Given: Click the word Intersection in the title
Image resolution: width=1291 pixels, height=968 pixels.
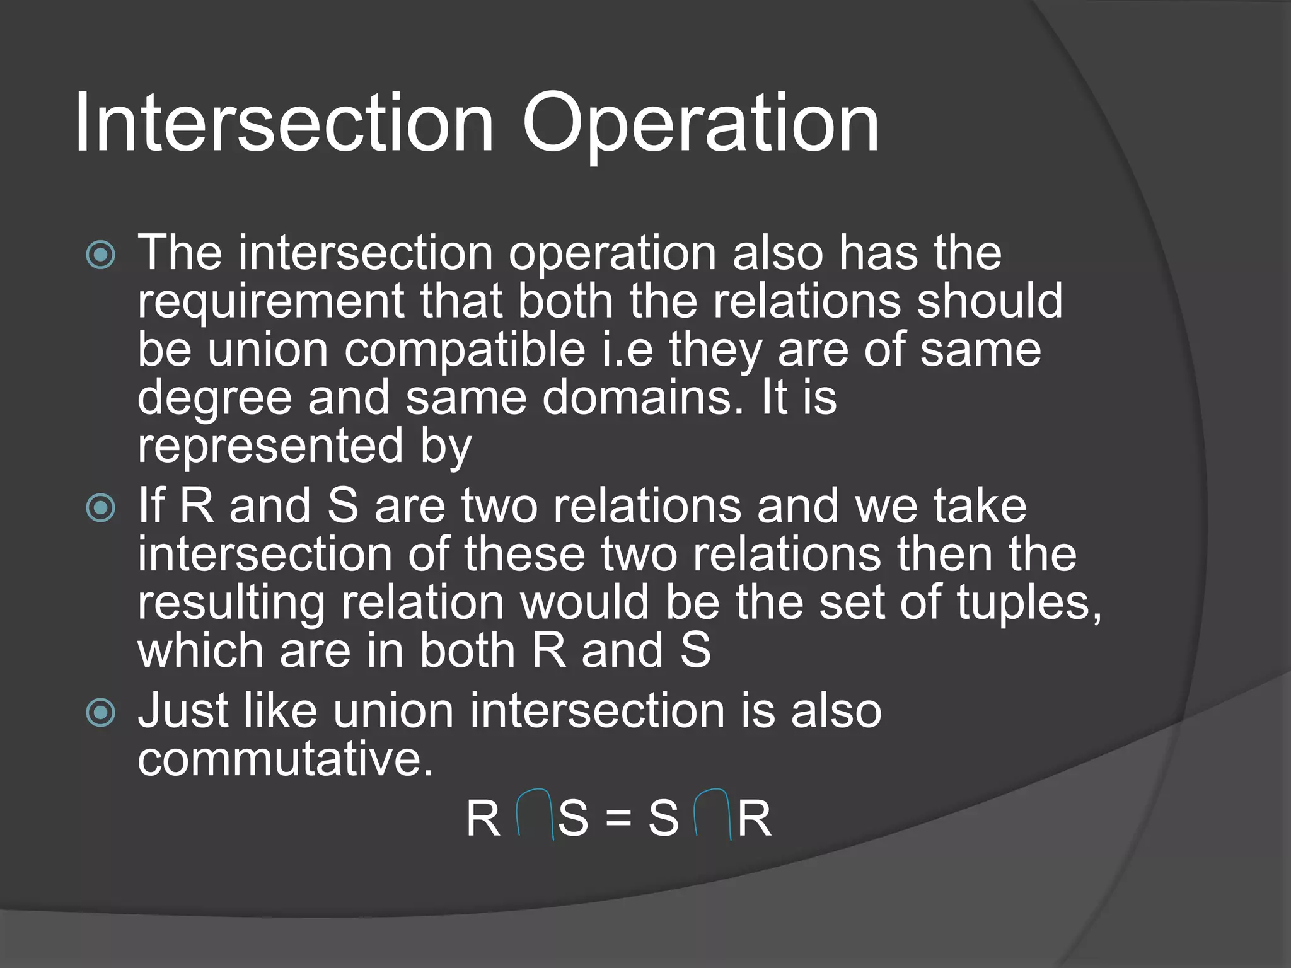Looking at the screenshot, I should [x=284, y=123].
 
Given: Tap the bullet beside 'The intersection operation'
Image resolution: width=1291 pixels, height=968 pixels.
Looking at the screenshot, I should [x=101, y=255].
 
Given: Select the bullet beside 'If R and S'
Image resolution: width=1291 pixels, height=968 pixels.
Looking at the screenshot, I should [x=101, y=508].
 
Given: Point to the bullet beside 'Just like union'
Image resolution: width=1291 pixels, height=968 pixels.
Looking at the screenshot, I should [x=101, y=713].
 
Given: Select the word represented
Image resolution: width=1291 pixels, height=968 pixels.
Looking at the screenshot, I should [x=270, y=446].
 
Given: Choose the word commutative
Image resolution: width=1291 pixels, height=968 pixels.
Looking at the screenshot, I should [x=286, y=759].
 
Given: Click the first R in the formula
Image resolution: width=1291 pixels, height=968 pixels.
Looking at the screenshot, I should [x=483, y=819].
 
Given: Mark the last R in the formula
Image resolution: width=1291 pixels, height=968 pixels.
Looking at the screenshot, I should [x=754, y=819].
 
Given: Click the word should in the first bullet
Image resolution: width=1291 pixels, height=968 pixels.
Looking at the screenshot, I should [x=990, y=301].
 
